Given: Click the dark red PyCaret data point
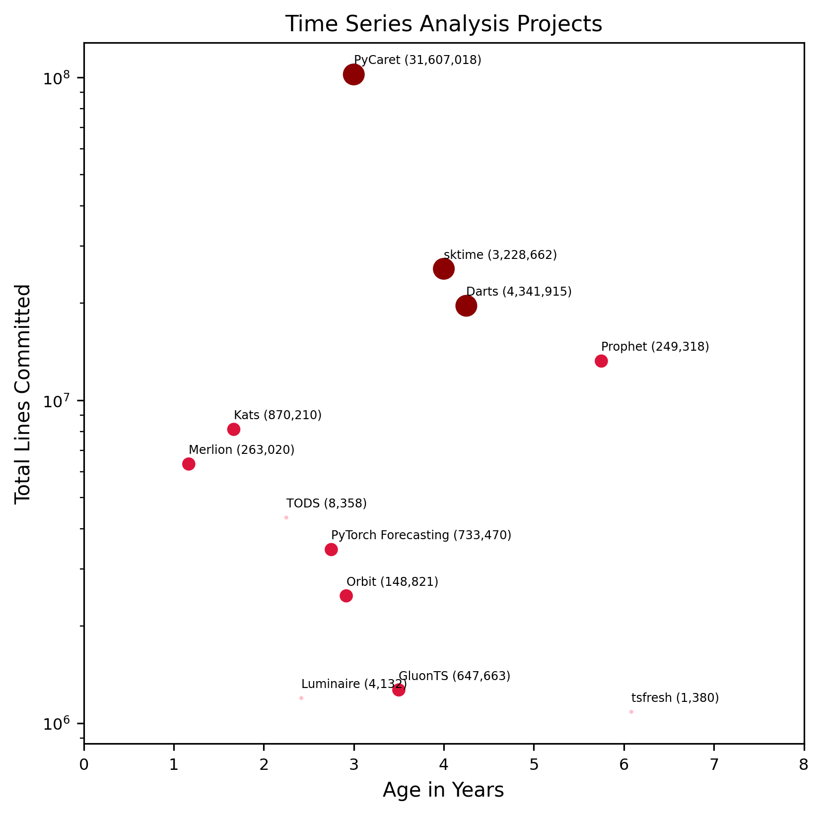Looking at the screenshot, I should [353, 75].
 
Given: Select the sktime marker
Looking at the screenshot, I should [444, 269].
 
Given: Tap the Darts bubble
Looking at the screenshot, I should [466, 306].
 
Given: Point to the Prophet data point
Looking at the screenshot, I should [601, 361].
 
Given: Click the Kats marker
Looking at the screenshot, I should [234, 429].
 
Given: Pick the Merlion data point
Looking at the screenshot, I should [189, 464].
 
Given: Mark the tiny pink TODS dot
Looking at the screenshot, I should [286, 517].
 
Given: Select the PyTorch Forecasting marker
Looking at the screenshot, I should [331, 550].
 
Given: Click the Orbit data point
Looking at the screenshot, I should [346, 596].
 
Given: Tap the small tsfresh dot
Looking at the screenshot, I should [631, 712].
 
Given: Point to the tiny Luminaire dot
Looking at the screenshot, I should [301, 698].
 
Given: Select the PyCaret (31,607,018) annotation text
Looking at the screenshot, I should [417, 60].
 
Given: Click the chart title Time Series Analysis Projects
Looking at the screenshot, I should [444, 24].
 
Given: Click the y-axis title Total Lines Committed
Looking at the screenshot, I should [23, 393].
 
